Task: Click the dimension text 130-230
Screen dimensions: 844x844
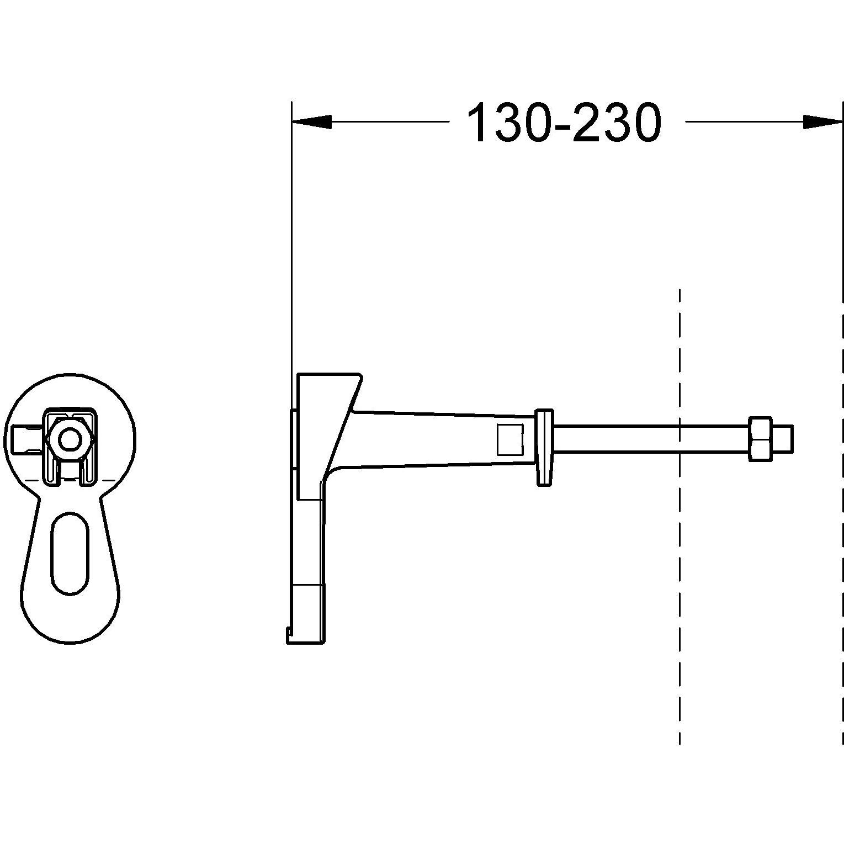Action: tap(564, 123)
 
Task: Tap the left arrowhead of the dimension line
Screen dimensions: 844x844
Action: tap(311, 122)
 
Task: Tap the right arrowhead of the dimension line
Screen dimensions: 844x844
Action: tap(822, 122)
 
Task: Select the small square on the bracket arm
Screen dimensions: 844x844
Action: tap(509, 438)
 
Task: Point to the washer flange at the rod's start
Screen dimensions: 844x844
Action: tap(544, 448)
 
